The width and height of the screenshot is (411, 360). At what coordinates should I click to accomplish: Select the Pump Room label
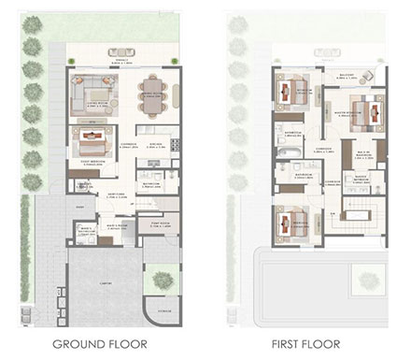(158, 224)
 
